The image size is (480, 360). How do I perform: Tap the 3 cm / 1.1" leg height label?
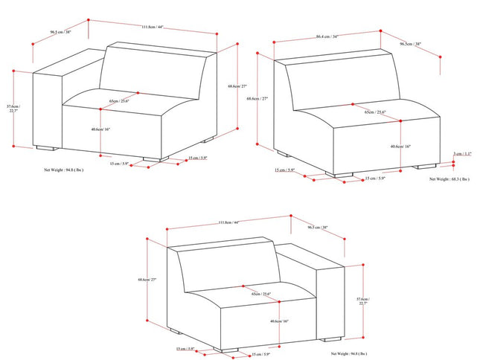pyautogui.click(x=462, y=154)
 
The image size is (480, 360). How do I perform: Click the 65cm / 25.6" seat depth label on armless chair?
pyautogui.click(x=374, y=112)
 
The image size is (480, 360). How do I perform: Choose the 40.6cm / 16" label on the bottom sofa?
pyautogui.click(x=280, y=321)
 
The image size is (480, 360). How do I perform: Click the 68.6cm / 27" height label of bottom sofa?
pyautogui.click(x=147, y=280)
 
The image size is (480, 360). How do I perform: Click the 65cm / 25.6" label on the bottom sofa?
pyautogui.click(x=261, y=295)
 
